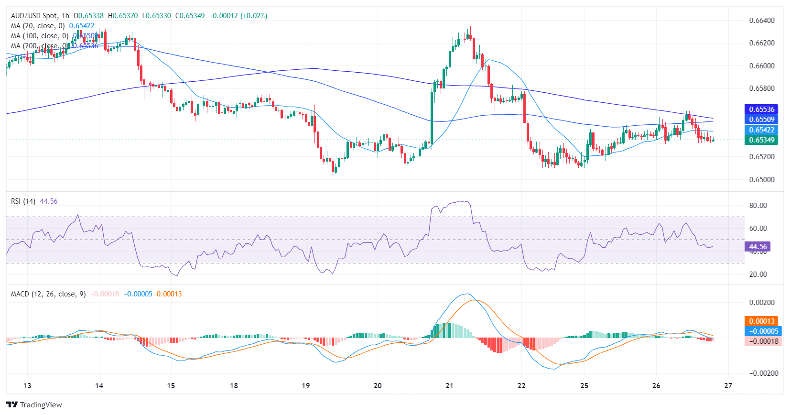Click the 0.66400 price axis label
[762, 21]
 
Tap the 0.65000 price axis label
[762, 180]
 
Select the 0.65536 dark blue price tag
[761, 109]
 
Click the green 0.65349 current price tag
[761, 140]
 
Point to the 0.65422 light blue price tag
[761, 130]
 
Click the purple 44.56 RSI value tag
[758, 247]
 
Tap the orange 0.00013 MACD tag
[761, 321]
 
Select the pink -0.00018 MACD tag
[763, 341]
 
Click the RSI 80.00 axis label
[758, 206]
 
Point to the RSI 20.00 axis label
[758, 274]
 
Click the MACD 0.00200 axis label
[762, 303]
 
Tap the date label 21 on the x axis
[449, 386]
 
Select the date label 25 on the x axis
[584, 386]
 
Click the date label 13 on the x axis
[27, 386]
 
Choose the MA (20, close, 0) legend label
[38, 26]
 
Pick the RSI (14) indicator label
[23, 201]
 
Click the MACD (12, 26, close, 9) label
[48, 294]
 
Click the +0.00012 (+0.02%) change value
[238, 16]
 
